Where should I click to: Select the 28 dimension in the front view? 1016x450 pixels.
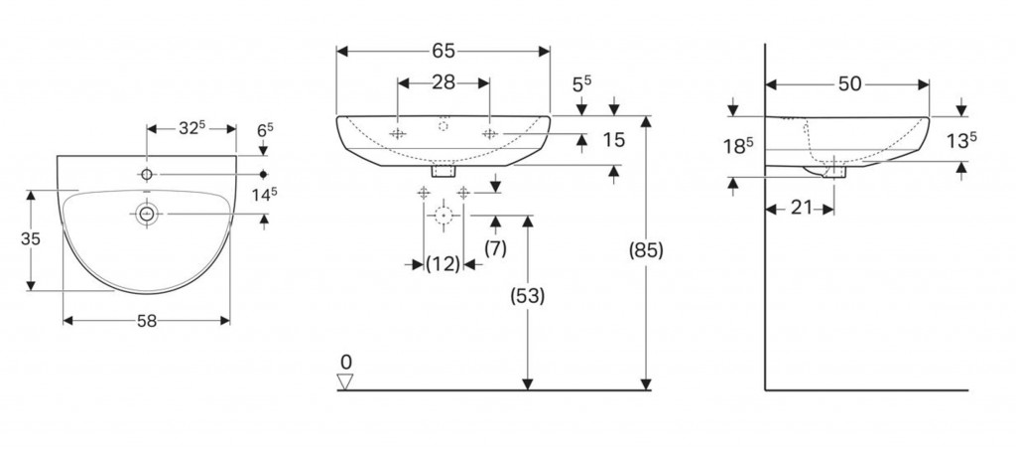pyautogui.click(x=444, y=82)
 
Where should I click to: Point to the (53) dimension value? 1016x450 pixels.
pyautogui.click(x=527, y=295)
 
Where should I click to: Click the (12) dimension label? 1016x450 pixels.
pyautogui.click(x=444, y=264)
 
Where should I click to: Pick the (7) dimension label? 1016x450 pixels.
pyautogui.click(x=494, y=248)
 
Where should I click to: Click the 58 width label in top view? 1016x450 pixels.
pyautogui.click(x=147, y=321)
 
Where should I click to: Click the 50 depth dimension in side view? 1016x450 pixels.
pyautogui.click(x=849, y=84)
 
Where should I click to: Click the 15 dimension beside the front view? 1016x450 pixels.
pyautogui.click(x=613, y=140)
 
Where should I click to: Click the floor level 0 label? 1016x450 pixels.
pyautogui.click(x=345, y=361)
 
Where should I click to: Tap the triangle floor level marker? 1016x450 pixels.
pyautogui.click(x=345, y=380)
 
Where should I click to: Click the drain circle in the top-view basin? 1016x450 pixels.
pyautogui.click(x=147, y=214)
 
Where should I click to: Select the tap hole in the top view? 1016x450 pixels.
pyautogui.click(x=147, y=175)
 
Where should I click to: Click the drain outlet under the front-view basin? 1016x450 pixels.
pyautogui.click(x=444, y=171)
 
